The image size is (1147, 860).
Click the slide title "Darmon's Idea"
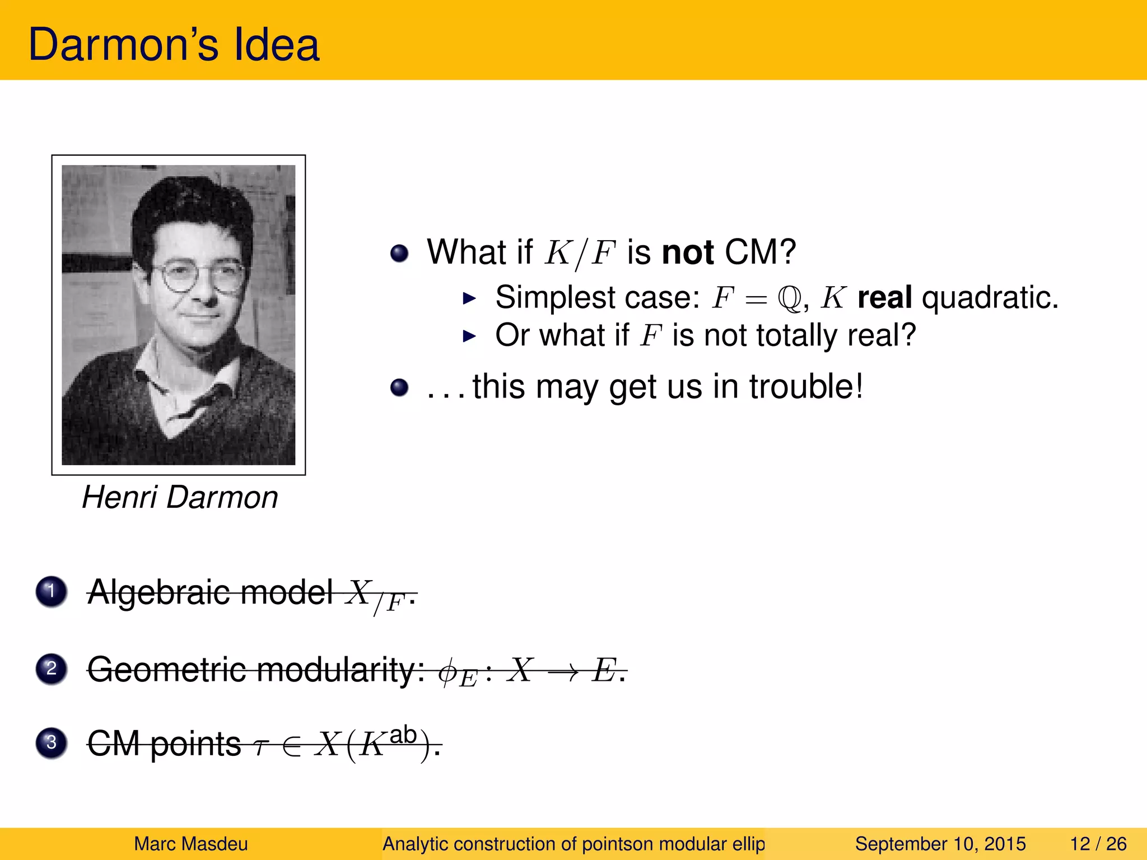[x=174, y=45]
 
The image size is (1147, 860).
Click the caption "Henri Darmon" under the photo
[x=180, y=497]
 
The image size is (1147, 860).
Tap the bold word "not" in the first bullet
[x=687, y=252]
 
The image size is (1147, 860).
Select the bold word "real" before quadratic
[x=884, y=297]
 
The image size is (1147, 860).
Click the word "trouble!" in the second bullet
[x=806, y=386]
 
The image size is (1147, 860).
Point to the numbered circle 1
[x=52, y=591]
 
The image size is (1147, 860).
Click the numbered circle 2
[x=52, y=668]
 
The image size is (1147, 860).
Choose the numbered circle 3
[x=52, y=743]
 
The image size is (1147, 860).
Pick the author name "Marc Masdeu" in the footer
[x=191, y=844]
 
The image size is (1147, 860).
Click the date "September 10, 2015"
[x=940, y=844]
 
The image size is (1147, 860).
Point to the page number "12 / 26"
[x=1098, y=844]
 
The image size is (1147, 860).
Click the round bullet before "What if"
[x=399, y=253]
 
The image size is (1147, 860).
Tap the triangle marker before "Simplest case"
[x=469, y=298]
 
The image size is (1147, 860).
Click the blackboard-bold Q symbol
[x=790, y=298]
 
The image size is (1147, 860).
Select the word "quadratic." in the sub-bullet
[x=990, y=297]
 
